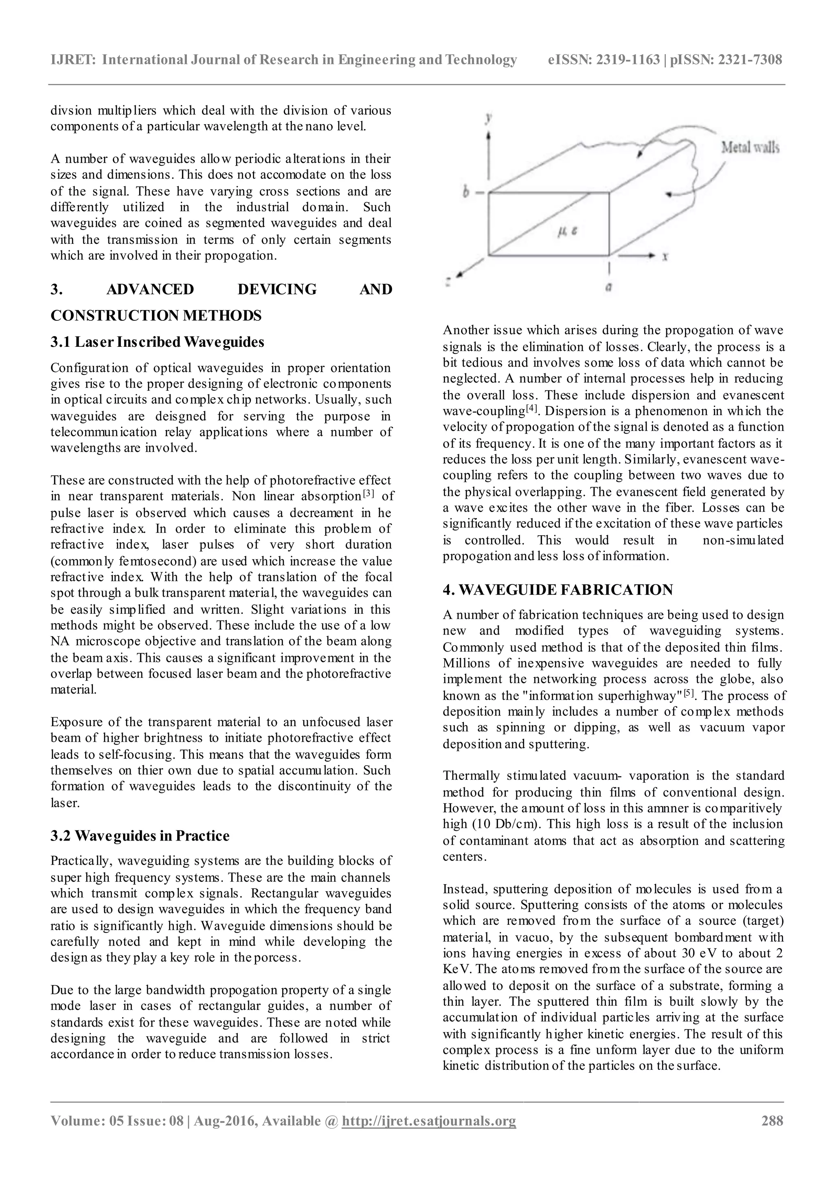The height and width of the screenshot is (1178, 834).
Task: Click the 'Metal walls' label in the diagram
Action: coord(749,148)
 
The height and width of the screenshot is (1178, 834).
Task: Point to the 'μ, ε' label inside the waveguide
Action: coord(567,232)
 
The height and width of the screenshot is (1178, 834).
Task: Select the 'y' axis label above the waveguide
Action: coord(489,118)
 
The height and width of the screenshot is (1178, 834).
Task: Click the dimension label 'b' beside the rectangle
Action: coord(466,193)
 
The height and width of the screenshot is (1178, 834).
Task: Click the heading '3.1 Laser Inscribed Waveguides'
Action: coord(157,342)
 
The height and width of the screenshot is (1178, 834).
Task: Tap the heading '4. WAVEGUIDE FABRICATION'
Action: coord(558,590)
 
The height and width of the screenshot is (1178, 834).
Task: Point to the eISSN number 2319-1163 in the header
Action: coord(627,60)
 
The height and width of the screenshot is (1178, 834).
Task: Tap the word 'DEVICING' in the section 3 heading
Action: coord(277,289)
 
